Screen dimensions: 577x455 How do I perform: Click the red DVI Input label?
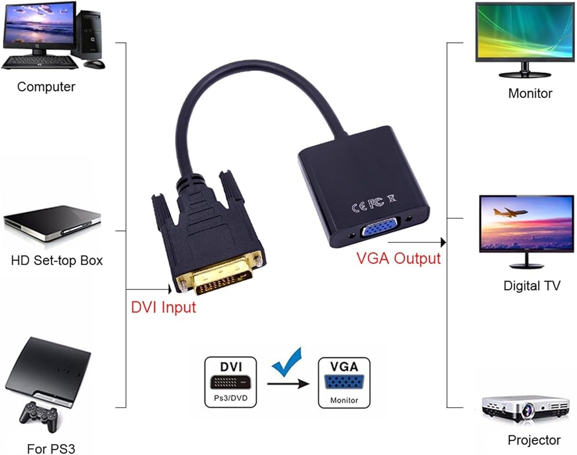163,307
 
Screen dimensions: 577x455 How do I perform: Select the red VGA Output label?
399,258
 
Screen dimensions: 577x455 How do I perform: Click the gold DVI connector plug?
221,274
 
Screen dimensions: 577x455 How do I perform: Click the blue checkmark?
287,362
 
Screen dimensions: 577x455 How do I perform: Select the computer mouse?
94,64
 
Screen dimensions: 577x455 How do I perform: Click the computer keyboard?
40,62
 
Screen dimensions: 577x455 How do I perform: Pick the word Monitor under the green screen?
530,93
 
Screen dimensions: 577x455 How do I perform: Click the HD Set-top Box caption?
57,261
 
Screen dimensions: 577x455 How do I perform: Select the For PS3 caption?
51,449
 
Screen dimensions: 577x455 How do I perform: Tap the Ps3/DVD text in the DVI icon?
231,398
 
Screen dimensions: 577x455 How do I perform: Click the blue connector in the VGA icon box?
344,382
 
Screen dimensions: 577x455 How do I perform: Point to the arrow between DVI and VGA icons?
288,384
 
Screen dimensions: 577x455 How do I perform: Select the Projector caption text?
534,440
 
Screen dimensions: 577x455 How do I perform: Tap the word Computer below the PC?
46,87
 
